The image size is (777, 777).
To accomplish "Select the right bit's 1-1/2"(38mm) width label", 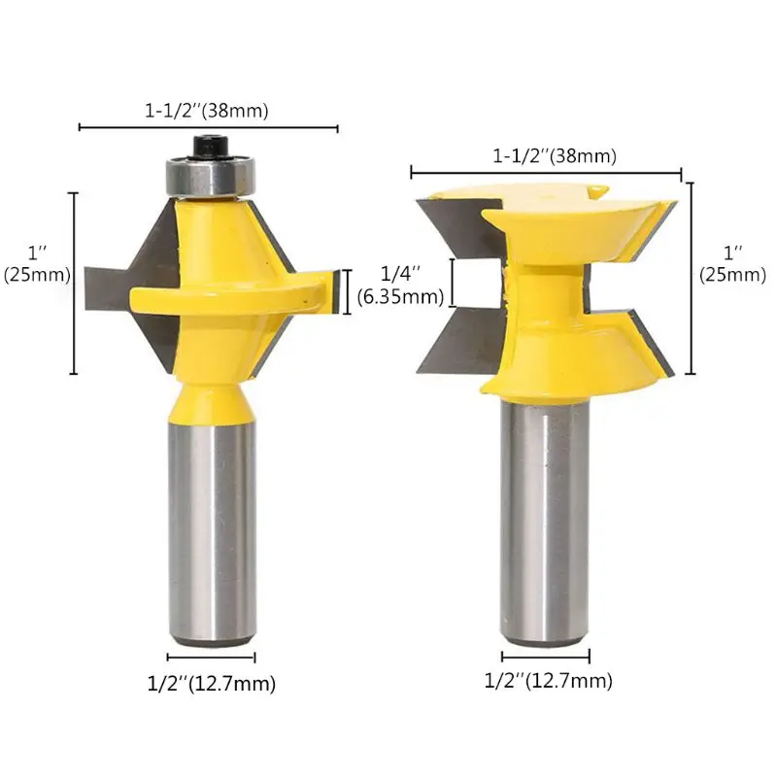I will click(555, 155).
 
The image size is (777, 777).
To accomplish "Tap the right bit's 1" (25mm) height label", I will click(733, 262).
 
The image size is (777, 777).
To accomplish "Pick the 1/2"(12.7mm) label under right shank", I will click(548, 681).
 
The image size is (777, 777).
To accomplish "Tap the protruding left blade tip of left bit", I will click(102, 292).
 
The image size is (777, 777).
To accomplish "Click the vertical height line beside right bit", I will click(692, 277).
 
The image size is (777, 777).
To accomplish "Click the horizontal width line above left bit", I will click(208, 127).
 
